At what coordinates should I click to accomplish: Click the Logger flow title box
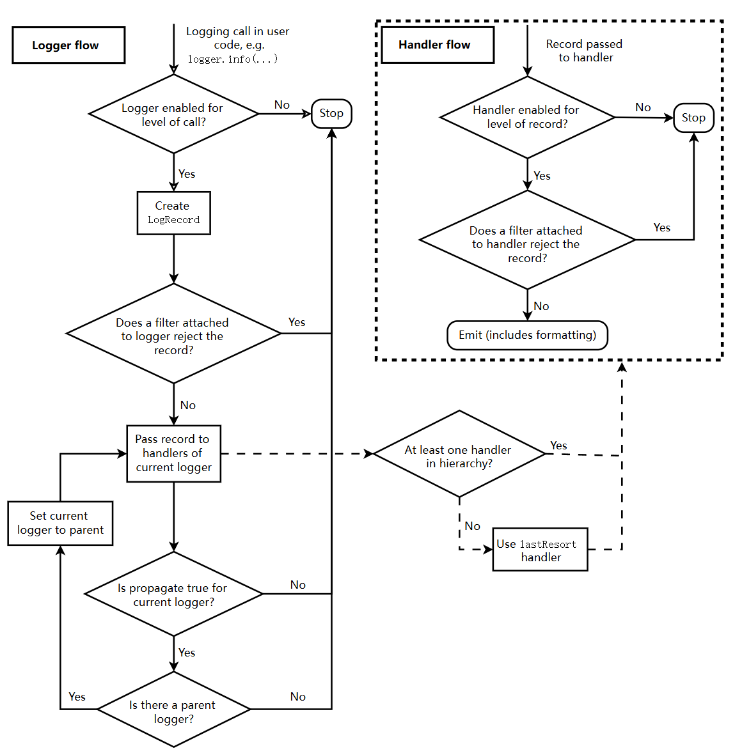(68, 45)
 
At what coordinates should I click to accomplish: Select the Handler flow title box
(438, 45)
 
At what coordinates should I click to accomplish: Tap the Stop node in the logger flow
(331, 114)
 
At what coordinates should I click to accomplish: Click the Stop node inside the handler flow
(693, 118)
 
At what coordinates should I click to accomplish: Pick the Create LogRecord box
(173, 213)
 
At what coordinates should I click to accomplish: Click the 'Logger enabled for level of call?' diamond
(173, 114)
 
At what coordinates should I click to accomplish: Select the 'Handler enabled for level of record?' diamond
(527, 117)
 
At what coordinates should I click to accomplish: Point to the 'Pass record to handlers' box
(173, 453)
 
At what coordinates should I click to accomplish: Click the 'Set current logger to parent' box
(60, 523)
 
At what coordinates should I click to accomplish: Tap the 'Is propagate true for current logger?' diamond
(173, 594)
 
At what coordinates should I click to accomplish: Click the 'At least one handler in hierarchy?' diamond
(459, 454)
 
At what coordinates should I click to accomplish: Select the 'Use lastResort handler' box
(540, 550)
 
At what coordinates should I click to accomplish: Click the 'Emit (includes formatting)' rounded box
(527, 336)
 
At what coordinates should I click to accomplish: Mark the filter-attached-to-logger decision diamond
(173, 334)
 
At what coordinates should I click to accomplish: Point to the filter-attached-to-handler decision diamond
(527, 241)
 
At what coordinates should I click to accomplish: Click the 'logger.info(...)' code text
(232, 59)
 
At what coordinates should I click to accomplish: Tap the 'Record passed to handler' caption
(585, 50)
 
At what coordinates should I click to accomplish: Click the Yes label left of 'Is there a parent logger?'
(77, 697)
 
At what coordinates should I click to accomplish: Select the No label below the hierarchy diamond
(473, 526)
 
